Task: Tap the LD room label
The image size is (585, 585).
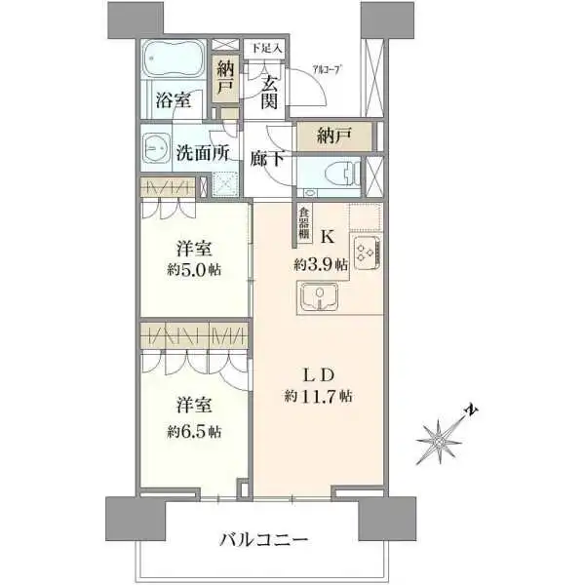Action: [x=318, y=374]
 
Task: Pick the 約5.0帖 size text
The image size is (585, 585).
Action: [x=193, y=269]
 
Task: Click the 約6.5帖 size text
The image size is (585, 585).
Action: [x=193, y=428]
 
